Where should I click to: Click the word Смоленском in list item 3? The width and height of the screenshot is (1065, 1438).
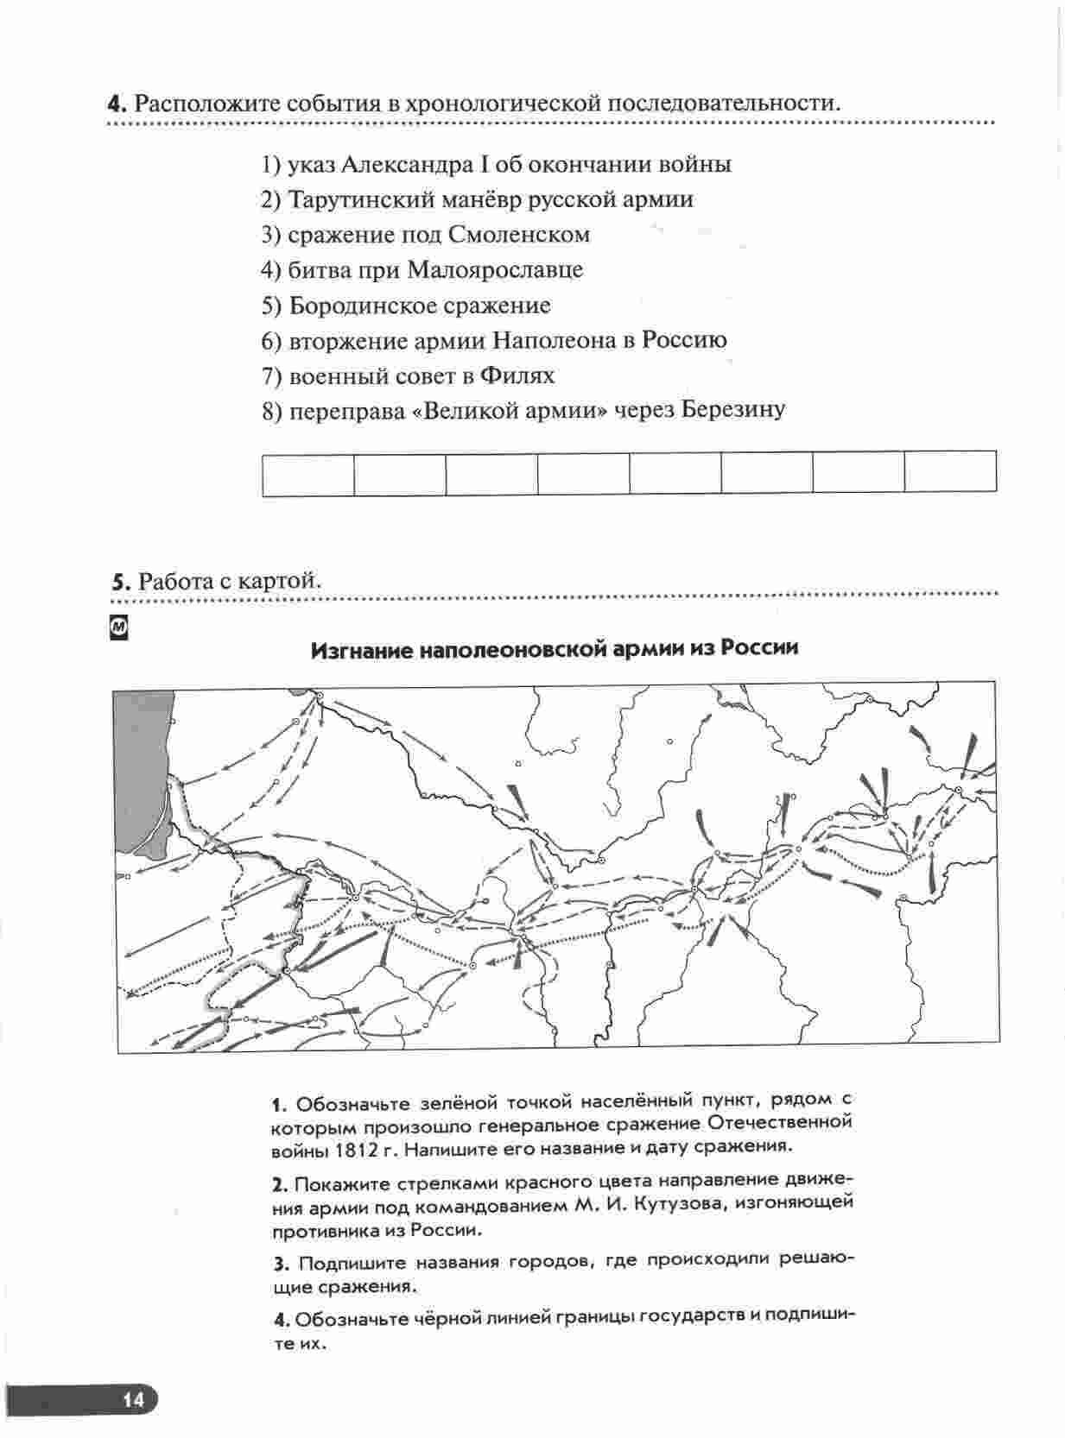518,234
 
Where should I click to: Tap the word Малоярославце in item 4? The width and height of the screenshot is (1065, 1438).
495,269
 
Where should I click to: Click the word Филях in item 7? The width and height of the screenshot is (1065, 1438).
517,375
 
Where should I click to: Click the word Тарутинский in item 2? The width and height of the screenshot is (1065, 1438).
361,199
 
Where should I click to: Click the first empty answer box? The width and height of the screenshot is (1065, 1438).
308,474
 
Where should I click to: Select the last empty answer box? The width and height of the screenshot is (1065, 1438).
951,471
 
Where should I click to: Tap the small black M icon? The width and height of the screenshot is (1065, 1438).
119,628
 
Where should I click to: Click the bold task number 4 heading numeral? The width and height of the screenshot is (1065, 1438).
117,104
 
